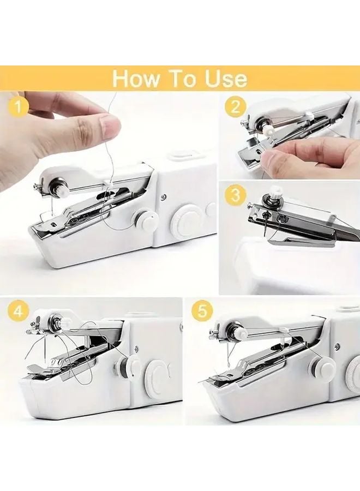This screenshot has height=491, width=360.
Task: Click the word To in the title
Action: click(x=181, y=79)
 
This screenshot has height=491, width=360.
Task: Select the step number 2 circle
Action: click(x=235, y=107)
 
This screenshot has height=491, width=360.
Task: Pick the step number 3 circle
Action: click(x=235, y=196)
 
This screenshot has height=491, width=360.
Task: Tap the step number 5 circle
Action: click(x=202, y=312)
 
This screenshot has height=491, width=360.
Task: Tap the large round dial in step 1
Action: click(x=184, y=221)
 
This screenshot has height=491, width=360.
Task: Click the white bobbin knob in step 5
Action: click(x=238, y=330)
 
